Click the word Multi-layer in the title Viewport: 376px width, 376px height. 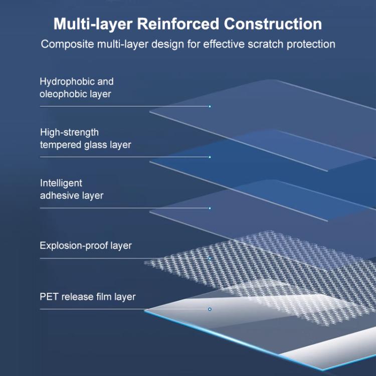point(91,24)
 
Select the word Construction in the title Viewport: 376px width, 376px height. point(273,24)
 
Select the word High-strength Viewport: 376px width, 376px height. point(69,132)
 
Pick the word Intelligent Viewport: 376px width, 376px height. point(61,183)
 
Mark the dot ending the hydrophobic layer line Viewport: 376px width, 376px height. point(210,106)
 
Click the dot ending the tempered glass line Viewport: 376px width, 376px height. point(210,157)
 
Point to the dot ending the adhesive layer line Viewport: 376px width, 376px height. point(210,208)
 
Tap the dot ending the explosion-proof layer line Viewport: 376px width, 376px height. point(210,259)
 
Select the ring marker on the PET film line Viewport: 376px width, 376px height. point(210,309)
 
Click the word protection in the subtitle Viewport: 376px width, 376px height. point(311,44)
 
